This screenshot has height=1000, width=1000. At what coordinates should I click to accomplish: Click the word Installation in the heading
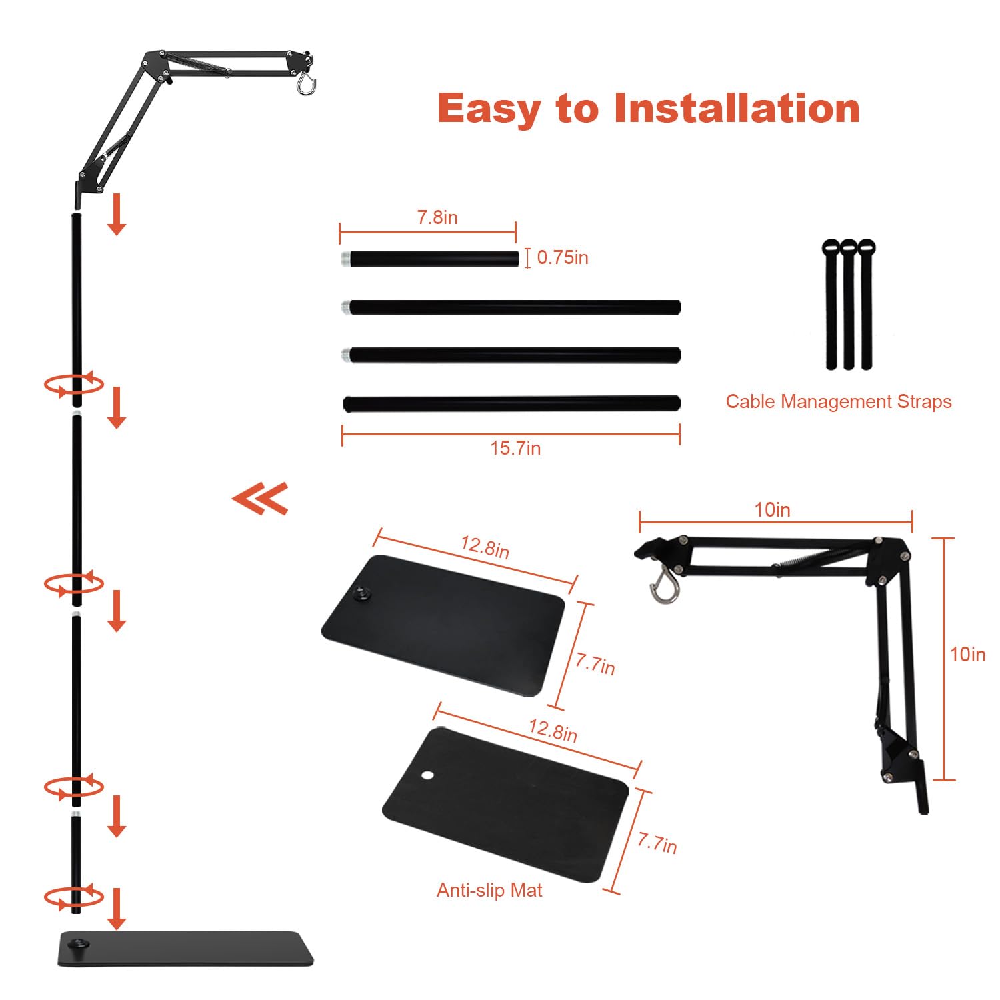736,108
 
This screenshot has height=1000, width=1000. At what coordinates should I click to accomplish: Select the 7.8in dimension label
437,217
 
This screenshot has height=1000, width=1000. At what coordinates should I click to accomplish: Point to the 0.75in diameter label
562,257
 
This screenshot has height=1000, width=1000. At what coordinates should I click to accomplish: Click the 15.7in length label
515,448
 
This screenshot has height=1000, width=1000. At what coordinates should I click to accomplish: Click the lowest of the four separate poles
511,403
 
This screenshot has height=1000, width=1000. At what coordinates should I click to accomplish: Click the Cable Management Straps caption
838,401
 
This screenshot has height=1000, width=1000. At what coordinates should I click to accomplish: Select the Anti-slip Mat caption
489,890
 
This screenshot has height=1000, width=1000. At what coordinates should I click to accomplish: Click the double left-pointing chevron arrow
261,498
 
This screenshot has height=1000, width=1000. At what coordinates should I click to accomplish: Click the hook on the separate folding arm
664,586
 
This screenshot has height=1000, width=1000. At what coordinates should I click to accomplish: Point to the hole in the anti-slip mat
427,775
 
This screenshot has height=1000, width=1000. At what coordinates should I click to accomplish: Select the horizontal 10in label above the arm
772,510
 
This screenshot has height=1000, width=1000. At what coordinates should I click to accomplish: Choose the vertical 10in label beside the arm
967,655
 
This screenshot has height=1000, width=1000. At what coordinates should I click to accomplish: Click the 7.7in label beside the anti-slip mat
657,843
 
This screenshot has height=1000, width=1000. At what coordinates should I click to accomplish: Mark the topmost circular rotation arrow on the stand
73,385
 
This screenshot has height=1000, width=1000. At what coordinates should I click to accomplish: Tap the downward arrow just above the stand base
117,908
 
